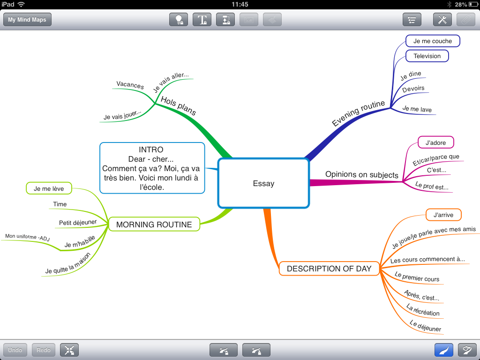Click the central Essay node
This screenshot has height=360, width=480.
(x=263, y=183)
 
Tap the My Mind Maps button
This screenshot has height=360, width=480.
(x=27, y=20)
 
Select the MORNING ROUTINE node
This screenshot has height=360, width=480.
(x=154, y=225)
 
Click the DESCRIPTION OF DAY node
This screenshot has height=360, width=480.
(x=329, y=269)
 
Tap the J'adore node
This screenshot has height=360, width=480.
(x=435, y=142)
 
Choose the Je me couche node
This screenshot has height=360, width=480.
(x=432, y=41)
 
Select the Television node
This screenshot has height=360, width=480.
(x=427, y=56)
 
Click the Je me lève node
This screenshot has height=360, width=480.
(x=49, y=189)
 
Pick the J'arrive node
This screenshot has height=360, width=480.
(x=443, y=215)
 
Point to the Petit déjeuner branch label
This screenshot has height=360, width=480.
(x=78, y=222)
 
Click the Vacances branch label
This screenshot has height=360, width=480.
(x=130, y=85)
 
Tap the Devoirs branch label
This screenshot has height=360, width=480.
(x=413, y=89)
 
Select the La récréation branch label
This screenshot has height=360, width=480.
(x=423, y=310)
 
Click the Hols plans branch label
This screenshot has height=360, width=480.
(x=178, y=106)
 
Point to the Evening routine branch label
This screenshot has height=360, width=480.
(x=358, y=113)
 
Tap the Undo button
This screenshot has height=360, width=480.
(x=15, y=350)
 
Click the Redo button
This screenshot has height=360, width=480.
(x=44, y=350)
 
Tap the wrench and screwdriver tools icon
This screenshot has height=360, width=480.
(x=442, y=20)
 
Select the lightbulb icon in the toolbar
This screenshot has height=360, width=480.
(x=179, y=20)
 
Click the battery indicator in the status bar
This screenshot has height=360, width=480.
(x=471, y=4)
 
